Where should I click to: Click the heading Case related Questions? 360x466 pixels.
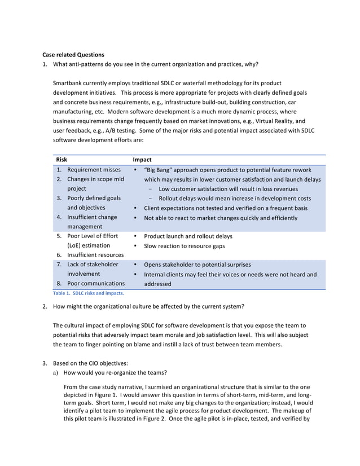(x=73, y=55)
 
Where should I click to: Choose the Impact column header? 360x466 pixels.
(x=142, y=160)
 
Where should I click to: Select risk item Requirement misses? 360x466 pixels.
(x=94, y=170)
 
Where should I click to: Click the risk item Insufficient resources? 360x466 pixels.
(x=95, y=255)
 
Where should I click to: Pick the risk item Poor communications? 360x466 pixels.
(x=96, y=283)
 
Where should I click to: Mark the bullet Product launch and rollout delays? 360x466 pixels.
(x=188, y=236)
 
